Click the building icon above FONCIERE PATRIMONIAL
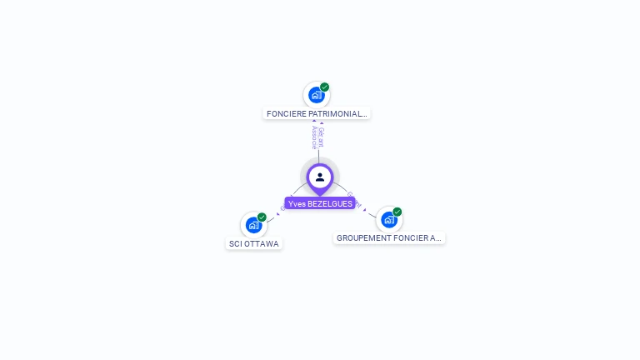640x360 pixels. coord(316,95)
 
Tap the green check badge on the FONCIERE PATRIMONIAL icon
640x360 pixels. coord(325,87)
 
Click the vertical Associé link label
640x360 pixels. coord(314,137)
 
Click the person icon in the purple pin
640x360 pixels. coord(320,177)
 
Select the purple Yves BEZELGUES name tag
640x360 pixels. coord(320,203)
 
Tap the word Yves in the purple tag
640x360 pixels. coord(296,203)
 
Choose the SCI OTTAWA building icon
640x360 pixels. coord(253,225)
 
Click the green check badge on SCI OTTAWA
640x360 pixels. coord(262,217)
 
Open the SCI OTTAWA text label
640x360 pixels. coord(253,243)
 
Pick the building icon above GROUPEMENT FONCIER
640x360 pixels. coord(388,219)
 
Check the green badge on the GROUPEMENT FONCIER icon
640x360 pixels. coord(397,212)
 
